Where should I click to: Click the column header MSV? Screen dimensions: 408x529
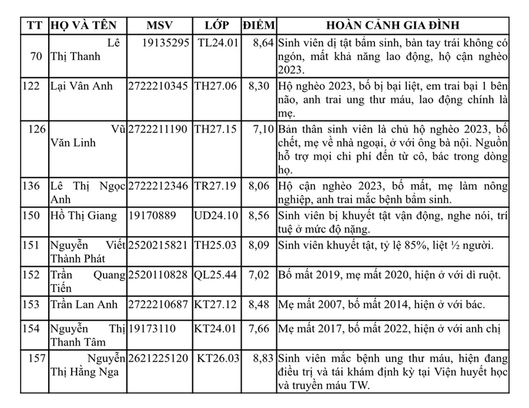tap(158, 25)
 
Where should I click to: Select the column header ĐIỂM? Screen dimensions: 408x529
tap(258, 25)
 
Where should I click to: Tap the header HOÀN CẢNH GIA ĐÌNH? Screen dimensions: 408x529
tap(393, 25)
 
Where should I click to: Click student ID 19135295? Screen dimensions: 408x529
tap(166, 43)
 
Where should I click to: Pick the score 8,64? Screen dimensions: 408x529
tap(263, 43)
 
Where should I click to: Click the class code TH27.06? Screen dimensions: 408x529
tap(216, 86)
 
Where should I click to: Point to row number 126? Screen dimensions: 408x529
tap(36, 129)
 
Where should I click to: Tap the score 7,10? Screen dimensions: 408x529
tap(263, 129)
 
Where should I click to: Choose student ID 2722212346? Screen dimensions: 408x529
tap(158, 186)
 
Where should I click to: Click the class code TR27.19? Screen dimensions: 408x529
tap(216, 186)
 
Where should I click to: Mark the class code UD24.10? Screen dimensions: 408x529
tap(216, 215)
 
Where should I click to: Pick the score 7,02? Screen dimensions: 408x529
tap(263, 275)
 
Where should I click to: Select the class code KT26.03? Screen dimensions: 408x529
tap(218, 358)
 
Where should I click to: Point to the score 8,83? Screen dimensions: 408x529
tap(263, 358)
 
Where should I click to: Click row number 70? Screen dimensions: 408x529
tap(36, 56)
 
